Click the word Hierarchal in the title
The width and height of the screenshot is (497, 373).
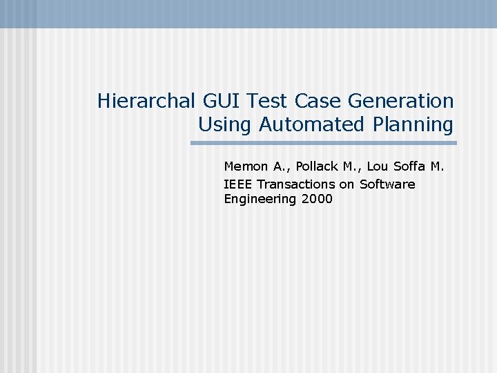click(147, 102)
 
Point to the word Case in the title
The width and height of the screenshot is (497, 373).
click(318, 102)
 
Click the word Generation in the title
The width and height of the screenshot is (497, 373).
click(400, 102)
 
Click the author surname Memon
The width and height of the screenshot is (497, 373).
click(245, 166)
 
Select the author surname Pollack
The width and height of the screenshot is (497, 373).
click(317, 166)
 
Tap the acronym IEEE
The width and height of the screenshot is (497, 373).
click(238, 184)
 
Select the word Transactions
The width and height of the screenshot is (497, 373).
click(295, 184)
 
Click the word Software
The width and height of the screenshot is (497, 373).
click(387, 184)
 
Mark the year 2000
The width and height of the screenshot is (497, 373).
click(317, 200)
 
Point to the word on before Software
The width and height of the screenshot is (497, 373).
click(347, 184)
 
